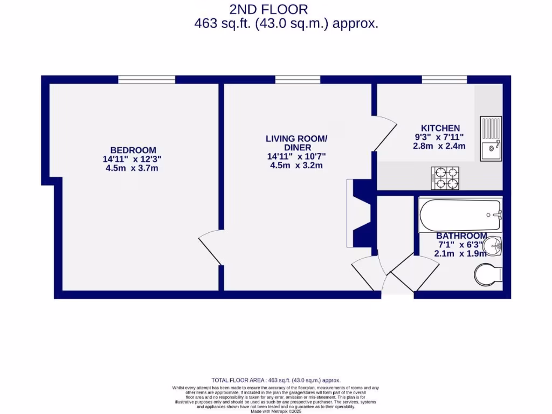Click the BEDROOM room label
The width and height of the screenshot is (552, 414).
[133, 150]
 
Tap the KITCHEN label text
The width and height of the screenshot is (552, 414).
[441, 128]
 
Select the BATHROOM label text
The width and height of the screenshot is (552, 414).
[461, 236]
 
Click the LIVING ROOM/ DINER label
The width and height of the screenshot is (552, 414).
[296, 143]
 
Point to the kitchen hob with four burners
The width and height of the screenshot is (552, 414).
[445, 178]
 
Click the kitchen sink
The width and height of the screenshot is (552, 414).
[491, 139]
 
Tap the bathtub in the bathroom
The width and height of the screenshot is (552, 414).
[460, 215]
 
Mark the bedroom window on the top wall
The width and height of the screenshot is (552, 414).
[147, 80]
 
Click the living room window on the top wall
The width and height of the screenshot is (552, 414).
[298, 80]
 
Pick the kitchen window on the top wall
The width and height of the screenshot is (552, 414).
[444, 80]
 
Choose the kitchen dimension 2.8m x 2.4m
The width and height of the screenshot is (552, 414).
[439, 146]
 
